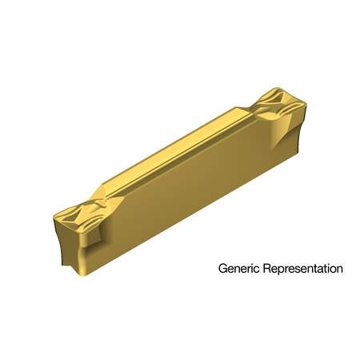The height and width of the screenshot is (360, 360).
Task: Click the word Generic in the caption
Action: [238, 270]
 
